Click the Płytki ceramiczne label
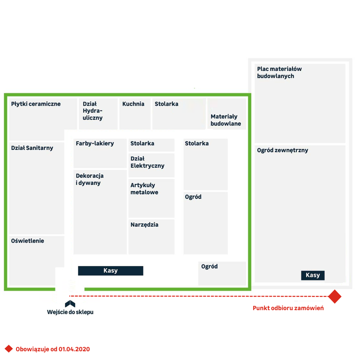point(36,104)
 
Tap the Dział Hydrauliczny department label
point(93,111)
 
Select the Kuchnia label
point(133,104)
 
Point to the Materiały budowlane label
point(225,120)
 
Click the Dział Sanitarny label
point(32,148)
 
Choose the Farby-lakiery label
point(95,144)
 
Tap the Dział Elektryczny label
point(148,162)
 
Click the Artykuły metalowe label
point(144,189)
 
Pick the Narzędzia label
point(144,225)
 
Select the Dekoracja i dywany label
point(89,179)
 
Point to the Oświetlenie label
point(28,241)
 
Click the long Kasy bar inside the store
point(111,271)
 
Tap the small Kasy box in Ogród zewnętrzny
point(313,275)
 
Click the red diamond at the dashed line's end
point(335,296)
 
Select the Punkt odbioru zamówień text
point(288,308)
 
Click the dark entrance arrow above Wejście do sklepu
point(70,303)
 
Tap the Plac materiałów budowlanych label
point(279,72)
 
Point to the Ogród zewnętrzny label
point(282,150)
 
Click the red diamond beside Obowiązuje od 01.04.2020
point(9,349)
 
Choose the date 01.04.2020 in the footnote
point(74,349)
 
